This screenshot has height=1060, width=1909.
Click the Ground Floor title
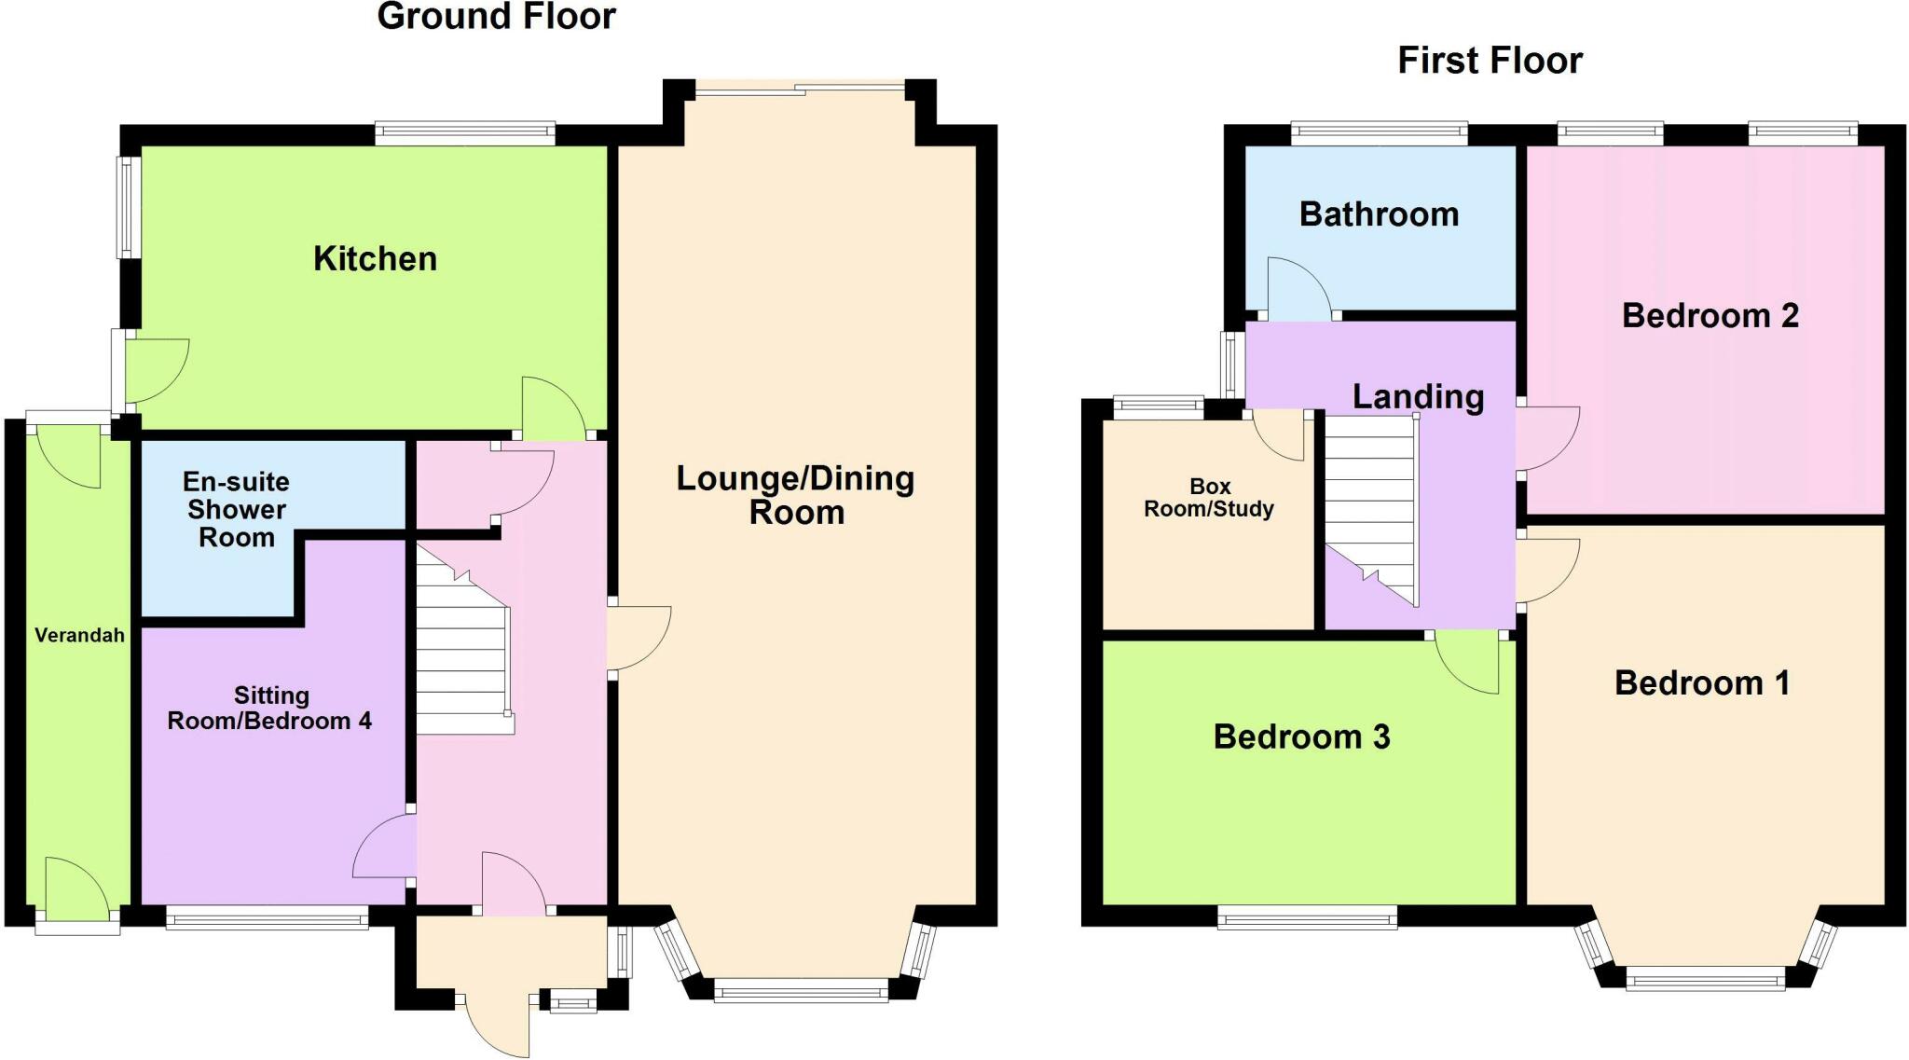pyautogui.click(x=496, y=17)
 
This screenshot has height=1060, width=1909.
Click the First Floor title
pyautogui.click(x=1490, y=61)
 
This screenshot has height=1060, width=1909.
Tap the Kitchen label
pyautogui.click(x=375, y=258)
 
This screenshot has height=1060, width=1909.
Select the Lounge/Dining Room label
pyautogui.click(x=796, y=495)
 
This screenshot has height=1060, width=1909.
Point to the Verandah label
pyautogui.click(x=79, y=636)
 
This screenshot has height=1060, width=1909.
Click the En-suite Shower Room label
pyautogui.click(x=237, y=509)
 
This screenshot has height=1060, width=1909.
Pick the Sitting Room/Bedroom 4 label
pyautogui.click(x=269, y=708)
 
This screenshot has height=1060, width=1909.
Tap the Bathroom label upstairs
pyautogui.click(x=1379, y=214)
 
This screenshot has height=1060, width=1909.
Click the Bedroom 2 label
pyautogui.click(x=1710, y=315)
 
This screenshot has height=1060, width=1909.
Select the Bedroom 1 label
pyautogui.click(x=1702, y=683)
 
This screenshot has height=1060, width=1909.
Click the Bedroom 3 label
pyautogui.click(x=1301, y=737)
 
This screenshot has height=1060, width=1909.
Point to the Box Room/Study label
pyautogui.click(x=1209, y=498)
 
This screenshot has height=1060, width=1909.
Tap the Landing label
pyautogui.click(x=1418, y=397)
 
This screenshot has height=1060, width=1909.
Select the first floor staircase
pyautogui.click(x=1371, y=509)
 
